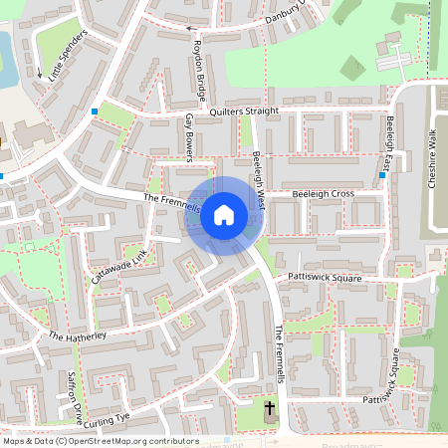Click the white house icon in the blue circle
(x=224, y=214)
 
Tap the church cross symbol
(x=270, y=409)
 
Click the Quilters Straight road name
(x=236, y=112)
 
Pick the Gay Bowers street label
(x=188, y=135)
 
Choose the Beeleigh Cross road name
(x=324, y=193)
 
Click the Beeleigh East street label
(x=386, y=141)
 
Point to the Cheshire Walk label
(x=432, y=158)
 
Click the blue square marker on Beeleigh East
(x=383, y=176)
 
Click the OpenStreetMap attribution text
(x=100, y=441)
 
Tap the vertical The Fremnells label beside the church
(x=280, y=354)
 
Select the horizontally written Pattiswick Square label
(x=325, y=278)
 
